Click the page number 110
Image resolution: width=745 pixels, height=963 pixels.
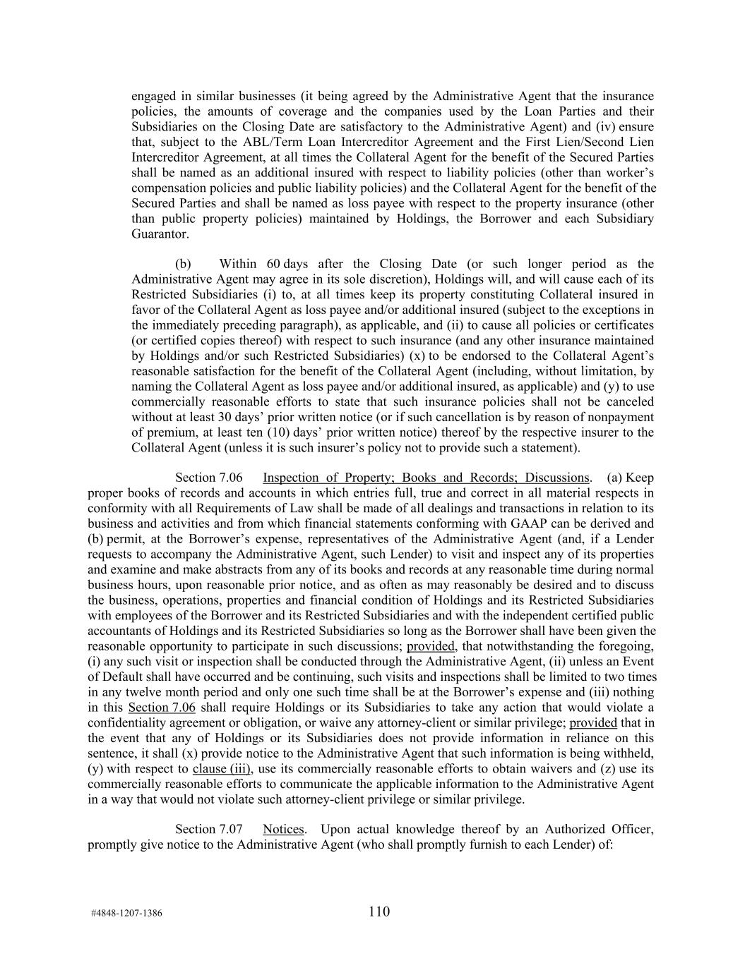379,911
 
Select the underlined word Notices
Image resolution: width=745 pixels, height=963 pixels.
283,830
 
